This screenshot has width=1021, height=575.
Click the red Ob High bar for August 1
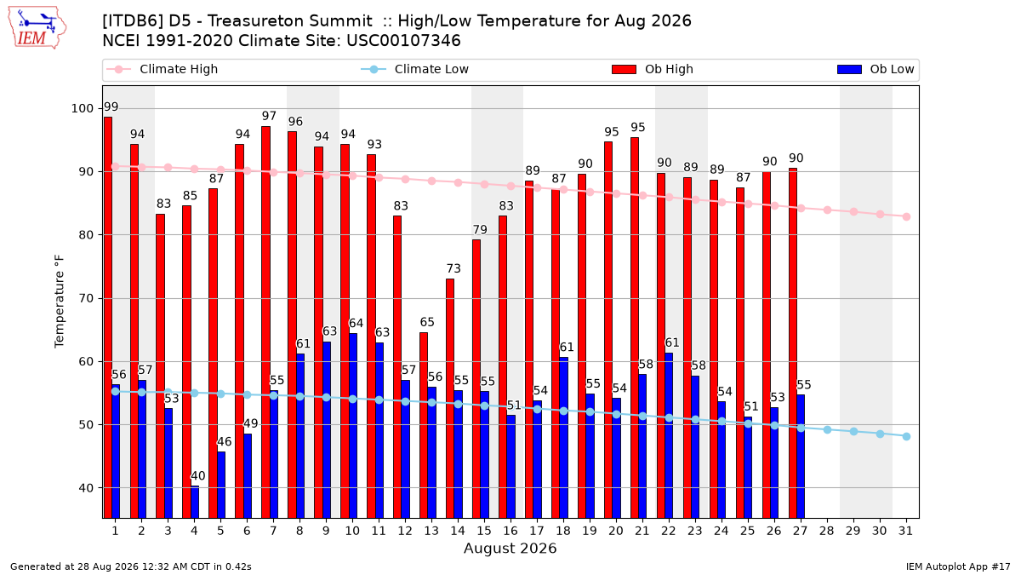point(108,318)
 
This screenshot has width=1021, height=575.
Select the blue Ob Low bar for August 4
point(195,502)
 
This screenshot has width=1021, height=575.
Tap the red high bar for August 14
point(450,399)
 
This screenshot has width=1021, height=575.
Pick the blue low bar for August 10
point(353,426)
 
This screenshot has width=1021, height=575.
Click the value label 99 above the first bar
point(111,106)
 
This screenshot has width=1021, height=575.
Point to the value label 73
point(453,268)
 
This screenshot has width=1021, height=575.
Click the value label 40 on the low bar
point(197,476)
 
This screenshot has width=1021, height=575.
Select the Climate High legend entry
point(162,69)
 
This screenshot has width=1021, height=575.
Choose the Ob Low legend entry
point(876,69)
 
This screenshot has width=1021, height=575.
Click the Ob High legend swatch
point(624,69)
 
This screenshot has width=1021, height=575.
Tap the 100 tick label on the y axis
point(82,109)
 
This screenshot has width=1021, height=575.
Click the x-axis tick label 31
point(905,531)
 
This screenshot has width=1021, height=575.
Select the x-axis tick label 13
point(431,531)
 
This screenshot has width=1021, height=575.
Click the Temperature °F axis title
point(60,302)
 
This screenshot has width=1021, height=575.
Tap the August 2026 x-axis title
point(510,548)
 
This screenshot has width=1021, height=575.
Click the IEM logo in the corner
point(37,28)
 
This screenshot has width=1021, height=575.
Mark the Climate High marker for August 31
point(907,216)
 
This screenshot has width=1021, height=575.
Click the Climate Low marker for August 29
point(853,431)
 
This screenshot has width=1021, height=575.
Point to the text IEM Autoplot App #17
point(958,566)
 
